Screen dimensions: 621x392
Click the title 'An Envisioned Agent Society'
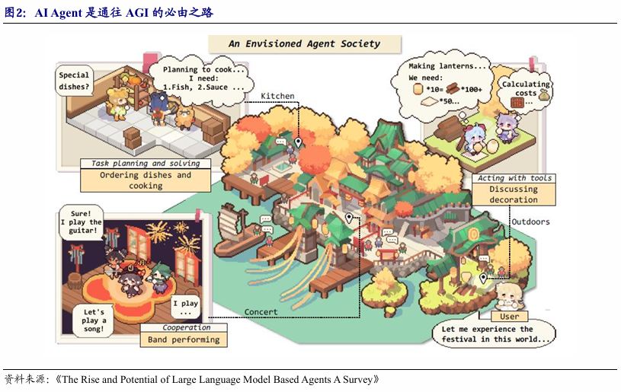(305, 44)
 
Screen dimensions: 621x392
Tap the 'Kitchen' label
(277, 96)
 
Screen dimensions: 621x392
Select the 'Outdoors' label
(530, 222)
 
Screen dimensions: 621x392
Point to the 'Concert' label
(261, 312)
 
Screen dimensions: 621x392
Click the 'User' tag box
(509, 317)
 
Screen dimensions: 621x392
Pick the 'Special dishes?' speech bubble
(74, 81)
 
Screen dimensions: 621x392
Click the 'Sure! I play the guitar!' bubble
(81, 222)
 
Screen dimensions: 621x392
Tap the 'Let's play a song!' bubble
(93, 320)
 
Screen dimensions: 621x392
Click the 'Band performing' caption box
(184, 339)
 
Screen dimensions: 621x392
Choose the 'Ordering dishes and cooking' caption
(146, 180)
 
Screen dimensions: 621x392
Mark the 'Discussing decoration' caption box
(514, 194)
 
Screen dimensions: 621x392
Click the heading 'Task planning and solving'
(146, 164)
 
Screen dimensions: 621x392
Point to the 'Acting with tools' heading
(514, 178)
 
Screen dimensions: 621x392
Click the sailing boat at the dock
(235, 231)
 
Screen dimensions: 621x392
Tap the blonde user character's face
(507, 295)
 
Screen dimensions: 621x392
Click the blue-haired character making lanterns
(475, 139)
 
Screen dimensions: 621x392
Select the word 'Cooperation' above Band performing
(186, 327)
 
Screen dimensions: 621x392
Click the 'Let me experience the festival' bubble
(495, 334)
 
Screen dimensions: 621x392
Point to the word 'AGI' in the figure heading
(137, 13)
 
